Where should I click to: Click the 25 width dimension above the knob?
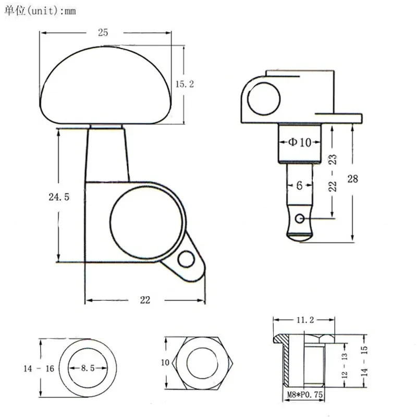(102, 32)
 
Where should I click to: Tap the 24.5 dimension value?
(58, 197)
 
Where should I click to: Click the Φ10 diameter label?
(299, 142)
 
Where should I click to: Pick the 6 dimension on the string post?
(299, 185)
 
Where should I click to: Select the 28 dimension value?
(353, 179)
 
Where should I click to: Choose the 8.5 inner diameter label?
(88, 368)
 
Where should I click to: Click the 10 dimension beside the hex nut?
(165, 362)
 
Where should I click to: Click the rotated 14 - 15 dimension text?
(364, 362)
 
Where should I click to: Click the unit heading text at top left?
(40, 10)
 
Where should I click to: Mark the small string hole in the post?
(299, 218)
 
